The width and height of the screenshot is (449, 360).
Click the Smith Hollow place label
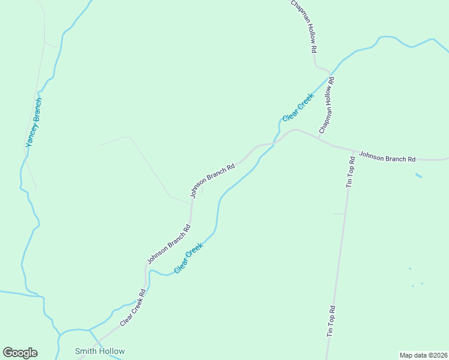(x=100, y=351)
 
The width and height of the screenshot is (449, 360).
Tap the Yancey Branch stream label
(x=34, y=122)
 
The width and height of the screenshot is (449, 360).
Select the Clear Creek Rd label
(x=133, y=308)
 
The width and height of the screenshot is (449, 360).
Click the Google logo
(x=20, y=353)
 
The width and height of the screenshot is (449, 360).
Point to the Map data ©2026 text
(x=423, y=355)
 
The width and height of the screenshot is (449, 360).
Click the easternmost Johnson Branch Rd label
(x=387, y=157)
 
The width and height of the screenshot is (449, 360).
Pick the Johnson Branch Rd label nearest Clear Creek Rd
(x=169, y=244)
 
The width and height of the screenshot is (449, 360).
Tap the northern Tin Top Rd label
(x=351, y=172)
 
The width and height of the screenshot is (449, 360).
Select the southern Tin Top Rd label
(x=331, y=321)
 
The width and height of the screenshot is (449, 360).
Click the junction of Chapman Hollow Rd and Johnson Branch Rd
(x=318, y=140)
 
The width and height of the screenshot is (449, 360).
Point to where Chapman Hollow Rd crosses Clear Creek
(x=330, y=76)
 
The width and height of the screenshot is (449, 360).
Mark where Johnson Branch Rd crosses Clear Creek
(x=275, y=143)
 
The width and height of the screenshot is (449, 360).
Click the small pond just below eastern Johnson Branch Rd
(x=418, y=175)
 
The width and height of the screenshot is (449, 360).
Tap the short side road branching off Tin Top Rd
(x=339, y=214)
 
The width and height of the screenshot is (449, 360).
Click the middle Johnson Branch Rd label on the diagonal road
(x=212, y=180)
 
